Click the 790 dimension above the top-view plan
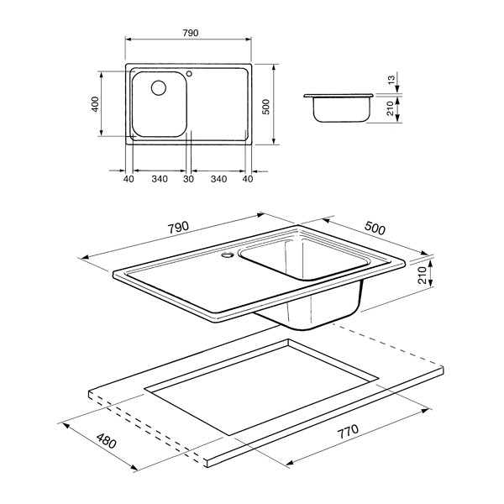[191, 33]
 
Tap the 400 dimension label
[96, 104]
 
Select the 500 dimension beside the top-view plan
[266, 107]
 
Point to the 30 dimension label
[189, 179]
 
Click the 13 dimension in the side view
[391, 80]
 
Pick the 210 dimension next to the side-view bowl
[391, 108]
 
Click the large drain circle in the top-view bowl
[159, 87]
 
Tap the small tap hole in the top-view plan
[189, 74]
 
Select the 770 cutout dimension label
[348, 432]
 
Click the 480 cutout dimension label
[107, 441]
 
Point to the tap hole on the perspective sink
[228, 255]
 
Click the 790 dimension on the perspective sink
[178, 228]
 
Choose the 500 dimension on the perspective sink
[375, 228]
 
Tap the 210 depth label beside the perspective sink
[422, 276]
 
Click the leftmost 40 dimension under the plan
[129, 179]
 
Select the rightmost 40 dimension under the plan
[248, 179]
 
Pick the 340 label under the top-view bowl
[160, 179]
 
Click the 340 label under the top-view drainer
[219, 179]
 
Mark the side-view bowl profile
[339, 108]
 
